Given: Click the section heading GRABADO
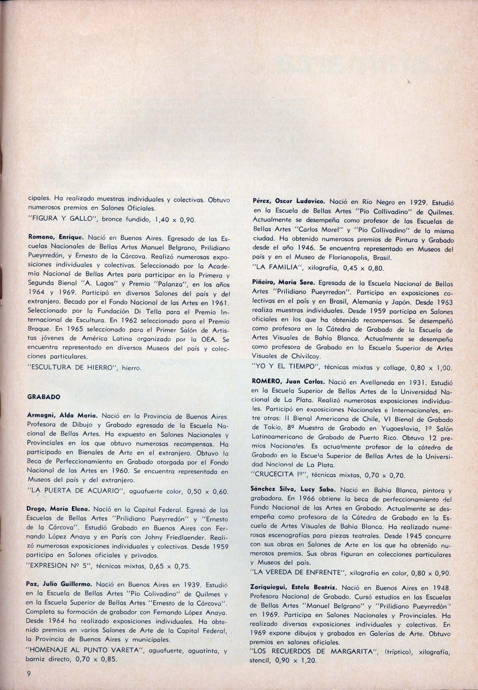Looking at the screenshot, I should pos(44,397).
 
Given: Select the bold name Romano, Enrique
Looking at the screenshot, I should pos(51,237).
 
